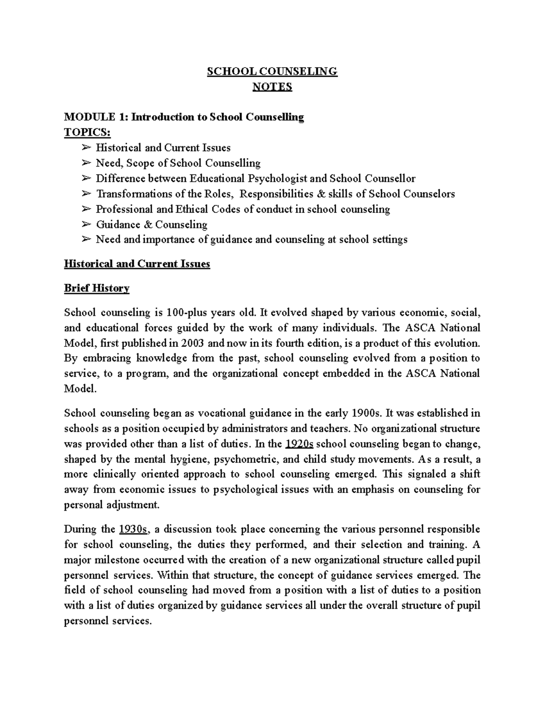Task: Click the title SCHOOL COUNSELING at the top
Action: click(x=272, y=71)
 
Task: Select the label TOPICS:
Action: click(x=87, y=132)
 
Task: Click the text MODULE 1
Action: click(x=95, y=117)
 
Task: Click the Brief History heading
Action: click(x=97, y=288)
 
